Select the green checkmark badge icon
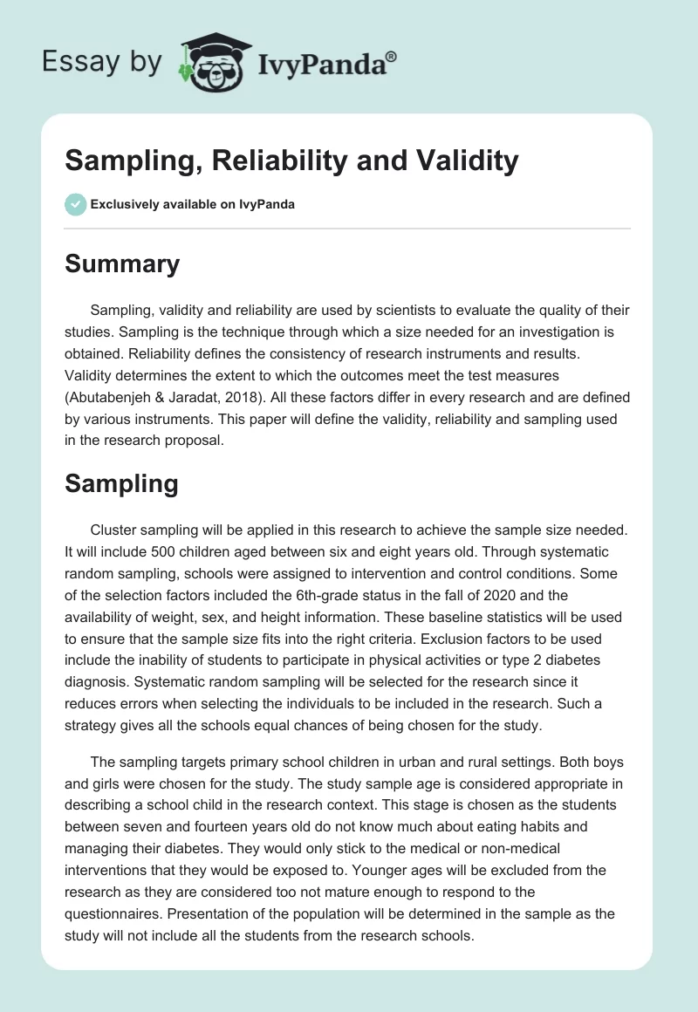tap(75, 204)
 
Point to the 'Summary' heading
tap(122, 263)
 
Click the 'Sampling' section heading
tap(121, 484)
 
